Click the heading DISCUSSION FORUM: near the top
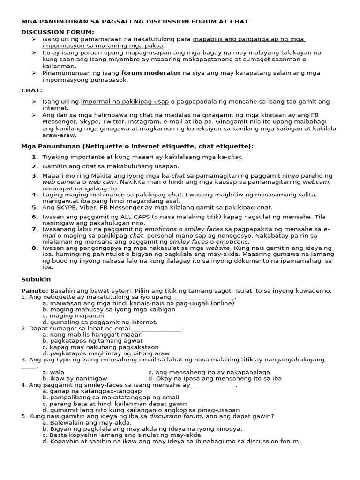click(58, 32)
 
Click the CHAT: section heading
click(32, 90)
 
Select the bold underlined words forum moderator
click(150, 73)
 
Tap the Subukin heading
click(35, 279)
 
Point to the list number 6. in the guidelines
click(35, 217)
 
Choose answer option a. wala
click(53, 372)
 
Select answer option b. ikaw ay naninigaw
click(75, 378)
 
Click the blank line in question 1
click(204, 297)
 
